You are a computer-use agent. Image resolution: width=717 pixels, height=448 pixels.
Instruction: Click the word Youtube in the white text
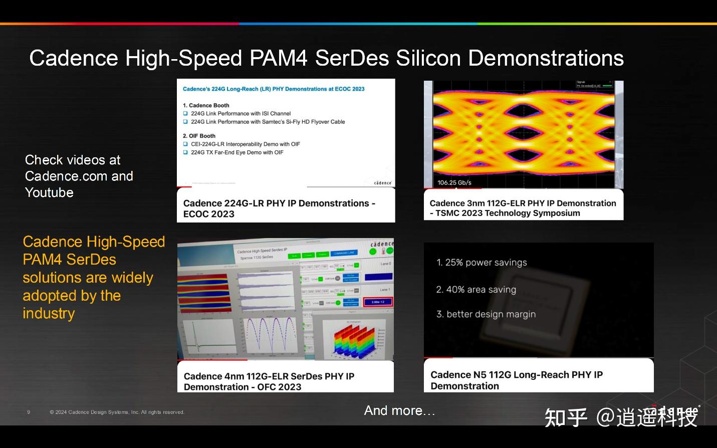tap(49, 192)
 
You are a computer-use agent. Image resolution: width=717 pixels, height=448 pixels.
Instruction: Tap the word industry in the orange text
tap(49, 313)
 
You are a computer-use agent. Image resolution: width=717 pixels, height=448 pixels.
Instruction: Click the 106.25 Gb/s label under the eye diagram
tap(454, 182)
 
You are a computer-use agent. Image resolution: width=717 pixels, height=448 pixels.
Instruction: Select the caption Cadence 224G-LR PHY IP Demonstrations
tap(279, 203)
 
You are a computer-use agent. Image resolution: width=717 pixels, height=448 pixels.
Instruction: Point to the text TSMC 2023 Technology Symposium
tap(508, 213)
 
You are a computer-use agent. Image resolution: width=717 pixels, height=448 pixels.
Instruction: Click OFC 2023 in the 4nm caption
tap(279, 387)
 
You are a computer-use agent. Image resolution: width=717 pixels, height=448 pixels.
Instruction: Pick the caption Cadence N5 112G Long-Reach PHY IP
tap(516, 375)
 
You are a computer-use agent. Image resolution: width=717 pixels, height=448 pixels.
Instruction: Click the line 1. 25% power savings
tap(482, 262)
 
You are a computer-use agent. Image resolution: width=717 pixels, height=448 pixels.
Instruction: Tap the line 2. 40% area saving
tap(476, 289)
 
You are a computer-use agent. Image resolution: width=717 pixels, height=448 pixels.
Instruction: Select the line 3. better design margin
tap(486, 314)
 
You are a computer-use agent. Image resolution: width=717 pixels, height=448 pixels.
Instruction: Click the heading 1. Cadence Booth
tap(206, 105)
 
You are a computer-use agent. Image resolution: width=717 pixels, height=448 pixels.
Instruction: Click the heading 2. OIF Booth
tap(199, 136)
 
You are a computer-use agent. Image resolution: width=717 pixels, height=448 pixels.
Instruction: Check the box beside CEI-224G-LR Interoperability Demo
tap(185, 144)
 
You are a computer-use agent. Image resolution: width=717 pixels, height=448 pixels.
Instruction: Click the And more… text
tap(399, 410)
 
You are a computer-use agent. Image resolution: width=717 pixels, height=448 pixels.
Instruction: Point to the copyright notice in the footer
tap(117, 412)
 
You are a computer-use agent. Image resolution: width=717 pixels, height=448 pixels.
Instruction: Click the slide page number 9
tap(29, 412)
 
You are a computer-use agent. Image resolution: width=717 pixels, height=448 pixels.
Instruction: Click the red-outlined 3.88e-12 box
tap(378, 302)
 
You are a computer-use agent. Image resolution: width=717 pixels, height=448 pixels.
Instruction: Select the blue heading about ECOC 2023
tap(274, 89)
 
